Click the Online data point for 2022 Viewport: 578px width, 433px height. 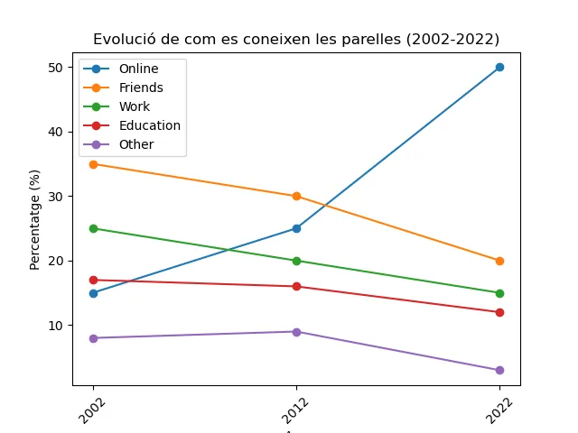coord(499,68)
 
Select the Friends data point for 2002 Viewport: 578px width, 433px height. coord(93,164)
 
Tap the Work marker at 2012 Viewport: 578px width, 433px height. coord(296,261)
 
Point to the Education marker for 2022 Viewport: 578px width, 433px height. coord(499,312)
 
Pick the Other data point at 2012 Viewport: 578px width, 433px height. coord(296,332)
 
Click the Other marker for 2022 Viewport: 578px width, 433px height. coord(499,370)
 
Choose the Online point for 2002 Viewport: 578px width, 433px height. coord(93,293)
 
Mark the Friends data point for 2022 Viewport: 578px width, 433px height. coord(499,261)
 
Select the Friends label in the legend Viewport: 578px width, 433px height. coord(141,88)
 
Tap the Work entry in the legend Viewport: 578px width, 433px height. coord(135,107)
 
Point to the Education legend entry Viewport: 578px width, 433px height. coord(149,125)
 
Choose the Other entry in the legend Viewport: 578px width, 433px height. coord(136,144)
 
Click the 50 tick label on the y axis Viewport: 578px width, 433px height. coord(55,68)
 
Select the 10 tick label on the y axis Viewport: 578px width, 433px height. coord(55,326)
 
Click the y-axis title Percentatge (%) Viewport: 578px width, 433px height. coord(35,219)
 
